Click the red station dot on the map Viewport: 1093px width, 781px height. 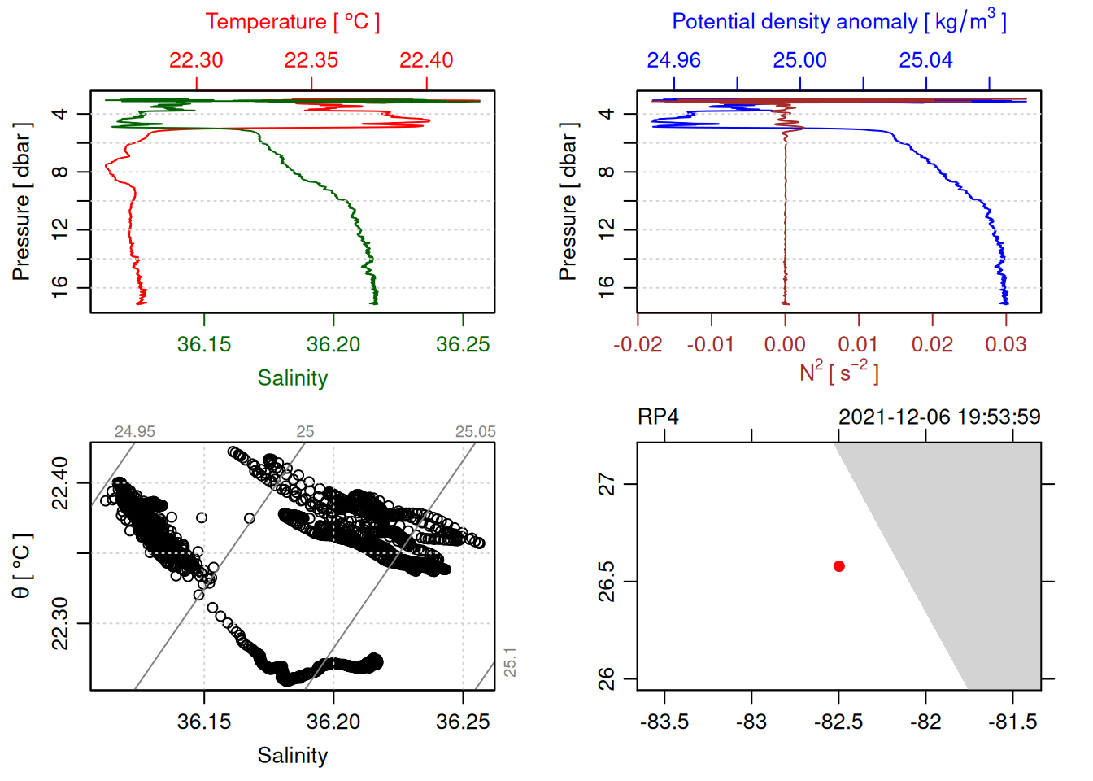tap(839, 566)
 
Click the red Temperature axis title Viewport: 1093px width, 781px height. tap(292, 21)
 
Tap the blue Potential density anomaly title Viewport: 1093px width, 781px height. tap(838, 21)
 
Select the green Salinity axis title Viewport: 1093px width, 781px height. tap(292, 378)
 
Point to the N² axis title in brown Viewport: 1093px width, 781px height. tap(838, 372)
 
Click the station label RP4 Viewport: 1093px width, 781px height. tap(658, 417)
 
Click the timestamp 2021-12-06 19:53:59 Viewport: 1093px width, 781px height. tap(939, 417)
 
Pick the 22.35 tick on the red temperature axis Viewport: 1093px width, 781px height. tap(311, 60)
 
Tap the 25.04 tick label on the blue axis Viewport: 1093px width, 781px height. tap(925, 60)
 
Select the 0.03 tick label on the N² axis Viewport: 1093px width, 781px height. tap(1006, 345)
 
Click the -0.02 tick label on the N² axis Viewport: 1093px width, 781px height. tap(638, 345)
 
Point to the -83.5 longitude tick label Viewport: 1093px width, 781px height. tap(664, 722)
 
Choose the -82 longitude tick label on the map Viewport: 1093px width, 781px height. tap(925, 722)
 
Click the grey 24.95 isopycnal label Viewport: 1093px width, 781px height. tap(135, 432)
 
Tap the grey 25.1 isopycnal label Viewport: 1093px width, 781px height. tap(510, 662)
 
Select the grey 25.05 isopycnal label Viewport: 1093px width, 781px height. tap(475, 432)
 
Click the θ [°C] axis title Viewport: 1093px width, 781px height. tap(22, 566)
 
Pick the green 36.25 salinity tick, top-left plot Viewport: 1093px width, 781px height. tap(463, 345)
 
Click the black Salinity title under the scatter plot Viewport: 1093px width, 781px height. tap(292, 756)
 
